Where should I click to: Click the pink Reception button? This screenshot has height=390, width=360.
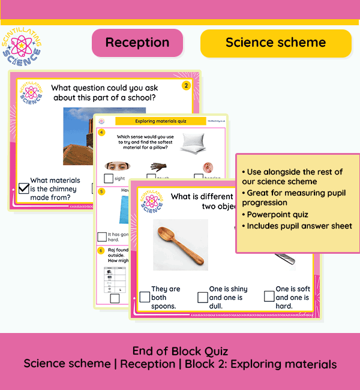(137, 43)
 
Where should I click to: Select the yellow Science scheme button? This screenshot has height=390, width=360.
(275, 43)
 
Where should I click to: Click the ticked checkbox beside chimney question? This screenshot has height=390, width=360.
(23, 188)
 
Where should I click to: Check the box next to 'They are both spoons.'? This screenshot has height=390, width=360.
(145, 297)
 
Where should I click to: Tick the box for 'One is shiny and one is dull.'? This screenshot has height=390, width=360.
(202, 297)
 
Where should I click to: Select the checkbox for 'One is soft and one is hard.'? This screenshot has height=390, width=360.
(269, 297)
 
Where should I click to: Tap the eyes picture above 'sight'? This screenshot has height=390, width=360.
(118, 166)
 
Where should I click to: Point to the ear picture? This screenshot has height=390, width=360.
(208, 167)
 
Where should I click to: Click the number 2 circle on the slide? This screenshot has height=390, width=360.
(186, 86)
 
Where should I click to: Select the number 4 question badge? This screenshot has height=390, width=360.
(102, 132)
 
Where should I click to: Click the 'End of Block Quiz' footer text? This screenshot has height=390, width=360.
(180, 351)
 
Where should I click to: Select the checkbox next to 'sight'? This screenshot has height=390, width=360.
(108, 178)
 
